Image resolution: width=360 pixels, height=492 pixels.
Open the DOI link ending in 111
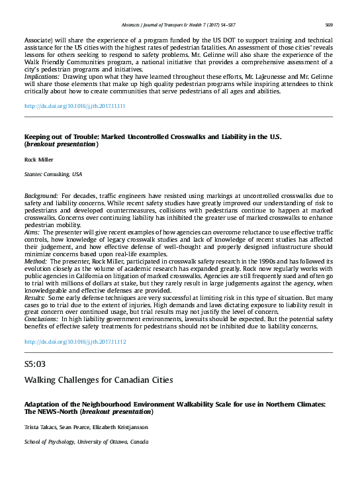(75, 106)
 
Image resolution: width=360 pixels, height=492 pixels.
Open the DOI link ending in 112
(75, 342)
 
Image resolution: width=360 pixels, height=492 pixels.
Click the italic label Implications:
(42, 77)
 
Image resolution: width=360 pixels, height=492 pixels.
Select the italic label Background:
(41, 197)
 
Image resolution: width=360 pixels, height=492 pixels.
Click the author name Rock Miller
(39, 160)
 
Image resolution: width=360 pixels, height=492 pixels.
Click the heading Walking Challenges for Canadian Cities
(99, 380)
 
